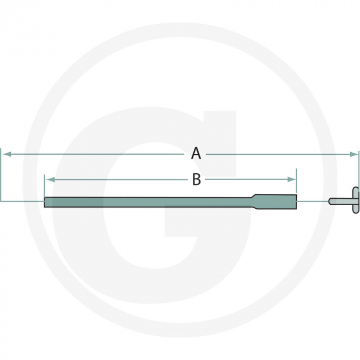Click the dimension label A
point(196,153)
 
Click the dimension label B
point(196,179)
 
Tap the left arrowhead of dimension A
point(6,154)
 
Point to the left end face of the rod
point(45,202)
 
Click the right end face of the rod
point(296,201)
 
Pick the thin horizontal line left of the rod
point(23,201)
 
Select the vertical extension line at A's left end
point(2,175)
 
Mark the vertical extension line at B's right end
point(296,185)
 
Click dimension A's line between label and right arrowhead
point(278,154)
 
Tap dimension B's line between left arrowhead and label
point(118,179)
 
